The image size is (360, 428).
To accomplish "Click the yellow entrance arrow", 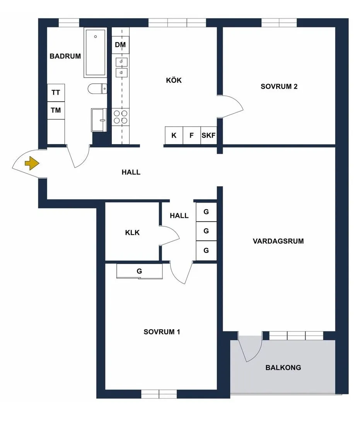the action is pos(32,163).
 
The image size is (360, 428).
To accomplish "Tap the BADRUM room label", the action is pos(65,56).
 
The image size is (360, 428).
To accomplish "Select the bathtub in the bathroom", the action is pos(96,53).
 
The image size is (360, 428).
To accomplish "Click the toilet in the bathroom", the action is pos(97,89).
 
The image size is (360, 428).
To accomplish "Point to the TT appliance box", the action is pos(56,93).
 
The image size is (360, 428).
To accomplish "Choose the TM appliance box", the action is pos(56,110).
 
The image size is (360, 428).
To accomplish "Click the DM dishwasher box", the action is pos(121,44).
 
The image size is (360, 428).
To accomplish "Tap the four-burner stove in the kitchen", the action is pos(121,117).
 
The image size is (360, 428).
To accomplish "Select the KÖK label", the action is pos(174,80).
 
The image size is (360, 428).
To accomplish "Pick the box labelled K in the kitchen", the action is pos(174,135).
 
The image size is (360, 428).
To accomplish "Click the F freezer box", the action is pos(192,135).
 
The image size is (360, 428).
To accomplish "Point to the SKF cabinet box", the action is pos(209,135).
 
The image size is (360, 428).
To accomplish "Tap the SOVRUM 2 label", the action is pos(279,87).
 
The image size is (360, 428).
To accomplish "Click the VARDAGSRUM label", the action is pos(278,241).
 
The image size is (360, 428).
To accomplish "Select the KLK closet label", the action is pos(132,233).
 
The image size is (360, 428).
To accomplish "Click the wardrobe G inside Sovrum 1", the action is pos(140,271).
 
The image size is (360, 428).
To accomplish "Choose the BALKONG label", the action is pos(283,367).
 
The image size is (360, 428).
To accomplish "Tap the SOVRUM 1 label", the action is pos(162,332).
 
